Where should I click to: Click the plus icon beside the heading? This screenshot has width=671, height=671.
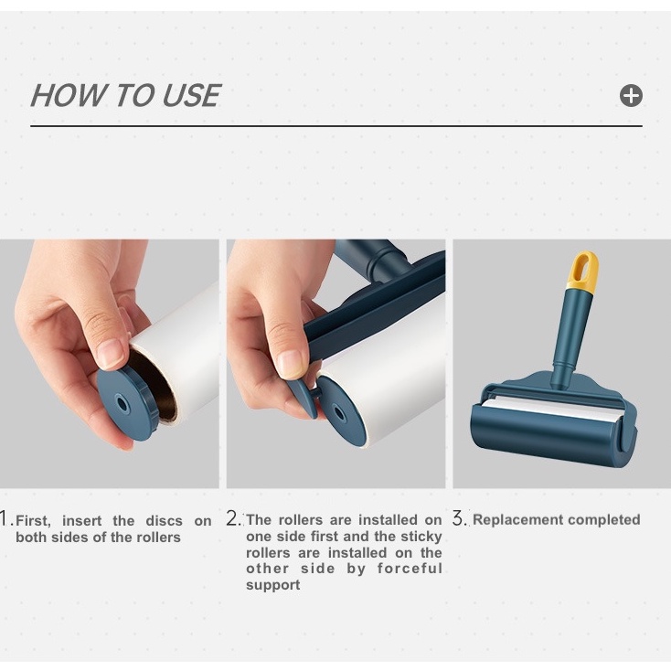pyautogui.click(x=631, y=95)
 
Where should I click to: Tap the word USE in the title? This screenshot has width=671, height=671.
pyautogui.click(x=191, y=95)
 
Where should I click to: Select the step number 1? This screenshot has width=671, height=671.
pyautogui.click(x=5, y=518)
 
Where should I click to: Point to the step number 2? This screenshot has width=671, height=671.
pyautogui.click(x=234, y=518)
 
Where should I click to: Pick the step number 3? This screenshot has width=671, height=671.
pyautogui.click(x=460, y=518)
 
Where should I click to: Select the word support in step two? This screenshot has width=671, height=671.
pyautogui.click(x=273, y=585)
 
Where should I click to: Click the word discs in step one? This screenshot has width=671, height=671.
pyautogui.click(x=164, y=521)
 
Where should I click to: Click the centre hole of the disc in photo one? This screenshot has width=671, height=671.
pyautogui.click(x=122, y=403)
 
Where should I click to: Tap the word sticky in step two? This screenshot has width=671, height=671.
pyautogui.click(x=421, y=536)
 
